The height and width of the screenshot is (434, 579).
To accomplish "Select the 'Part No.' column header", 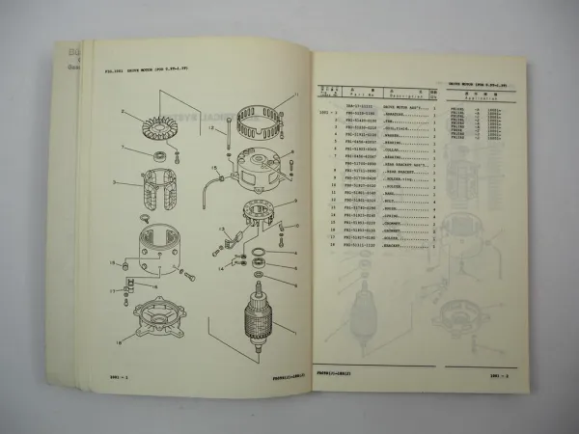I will tap(352, 94).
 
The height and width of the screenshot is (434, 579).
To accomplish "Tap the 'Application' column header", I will tap(480, 99).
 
